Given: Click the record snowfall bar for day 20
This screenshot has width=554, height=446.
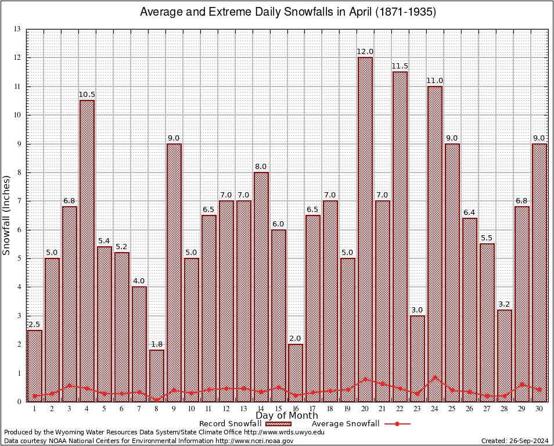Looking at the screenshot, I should pyautogui.click(x=365, y=229).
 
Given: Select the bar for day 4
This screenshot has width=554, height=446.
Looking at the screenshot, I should pyautogui.click(x=87, y=250).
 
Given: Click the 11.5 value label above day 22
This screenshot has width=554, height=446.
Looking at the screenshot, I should pyautogui.click(x=400, y=66).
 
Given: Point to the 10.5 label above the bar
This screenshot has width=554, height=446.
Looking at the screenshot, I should pyautogui.click(x=87, y=95).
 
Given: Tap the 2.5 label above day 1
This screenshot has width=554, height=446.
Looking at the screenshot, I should pyautogui.click(x=34, y=325).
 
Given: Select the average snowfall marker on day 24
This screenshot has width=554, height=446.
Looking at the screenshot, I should pyautogui.click(x=435, y=377).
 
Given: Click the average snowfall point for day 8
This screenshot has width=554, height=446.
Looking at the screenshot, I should pyautogui.click(x=157, y=400).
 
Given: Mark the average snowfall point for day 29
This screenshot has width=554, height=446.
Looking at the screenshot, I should pyautogui.click(x=521, y=384).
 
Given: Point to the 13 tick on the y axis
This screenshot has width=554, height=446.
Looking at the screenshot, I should pyautogui.click(x=17, y=29).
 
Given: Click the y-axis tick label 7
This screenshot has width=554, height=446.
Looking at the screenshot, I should pyautogui.click(x=19, y=201).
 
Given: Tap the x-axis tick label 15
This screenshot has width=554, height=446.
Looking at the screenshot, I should pyautogui.click(x=278, y=409).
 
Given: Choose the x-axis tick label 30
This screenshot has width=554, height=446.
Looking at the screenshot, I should pyautogui.click(x=539, y=409).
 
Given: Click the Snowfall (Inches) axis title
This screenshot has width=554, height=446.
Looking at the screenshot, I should pyautogui.click(x=7, y=215).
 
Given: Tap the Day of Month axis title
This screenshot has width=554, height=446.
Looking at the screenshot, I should pyautogui.click(x=286, y=416).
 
